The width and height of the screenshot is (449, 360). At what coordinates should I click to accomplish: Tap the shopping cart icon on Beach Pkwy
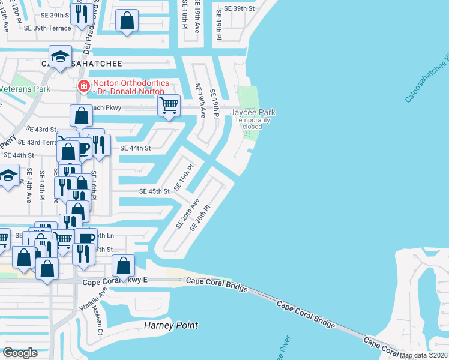pos(169,106)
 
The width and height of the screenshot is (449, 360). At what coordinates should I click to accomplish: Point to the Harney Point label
pos(171,326)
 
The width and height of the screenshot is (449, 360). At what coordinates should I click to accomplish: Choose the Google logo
pos(20,352)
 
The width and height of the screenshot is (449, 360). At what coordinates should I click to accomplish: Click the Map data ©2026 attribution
pos(424,355)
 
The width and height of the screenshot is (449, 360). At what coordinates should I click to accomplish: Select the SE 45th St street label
pos(154,191)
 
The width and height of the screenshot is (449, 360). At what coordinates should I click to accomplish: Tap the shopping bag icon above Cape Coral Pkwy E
pos(123,265)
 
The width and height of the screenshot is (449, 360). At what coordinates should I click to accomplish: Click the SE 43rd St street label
pos(41,130)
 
